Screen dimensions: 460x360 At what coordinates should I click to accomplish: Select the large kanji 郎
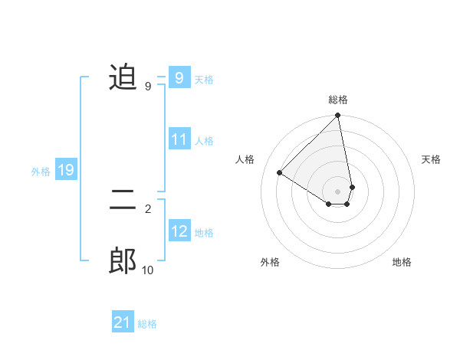click(x=123, y=261)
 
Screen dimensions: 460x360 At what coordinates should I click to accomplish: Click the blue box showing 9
click(x=179, y=77)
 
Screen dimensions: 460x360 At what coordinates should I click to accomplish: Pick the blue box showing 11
click(x=179, y=139)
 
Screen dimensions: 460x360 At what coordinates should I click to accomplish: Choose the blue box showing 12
click(x=179, y=231)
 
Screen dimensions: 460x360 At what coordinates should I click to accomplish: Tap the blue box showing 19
click(x=66, y=170)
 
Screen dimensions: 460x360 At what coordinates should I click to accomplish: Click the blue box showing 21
click(x=123, y=322)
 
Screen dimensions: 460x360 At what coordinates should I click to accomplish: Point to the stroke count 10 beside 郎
click(x=147, y=270)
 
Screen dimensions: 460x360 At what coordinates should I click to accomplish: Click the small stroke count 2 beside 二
click(x=147, y=208)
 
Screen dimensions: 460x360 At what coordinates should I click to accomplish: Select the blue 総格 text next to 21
click(x=147, y=324)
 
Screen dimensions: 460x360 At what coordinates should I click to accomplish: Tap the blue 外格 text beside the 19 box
click(x=41, y=172)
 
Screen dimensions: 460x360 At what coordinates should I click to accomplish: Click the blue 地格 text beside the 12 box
click(x=204, y=233)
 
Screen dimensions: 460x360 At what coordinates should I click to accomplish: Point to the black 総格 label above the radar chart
click(x=338, y=100)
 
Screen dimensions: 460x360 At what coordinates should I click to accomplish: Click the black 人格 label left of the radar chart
click(x=245, y=159)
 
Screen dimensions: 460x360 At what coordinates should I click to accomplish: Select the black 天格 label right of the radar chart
click(x=431, y=159)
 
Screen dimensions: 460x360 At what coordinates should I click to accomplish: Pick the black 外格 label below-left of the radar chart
click(x=270, y=262)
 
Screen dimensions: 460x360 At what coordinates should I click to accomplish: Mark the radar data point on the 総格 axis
click(x=338, y=116)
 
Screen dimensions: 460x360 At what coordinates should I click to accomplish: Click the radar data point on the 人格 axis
click(x=280, y=172)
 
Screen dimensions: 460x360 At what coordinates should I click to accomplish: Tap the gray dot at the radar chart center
click(x=338, y=191)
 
